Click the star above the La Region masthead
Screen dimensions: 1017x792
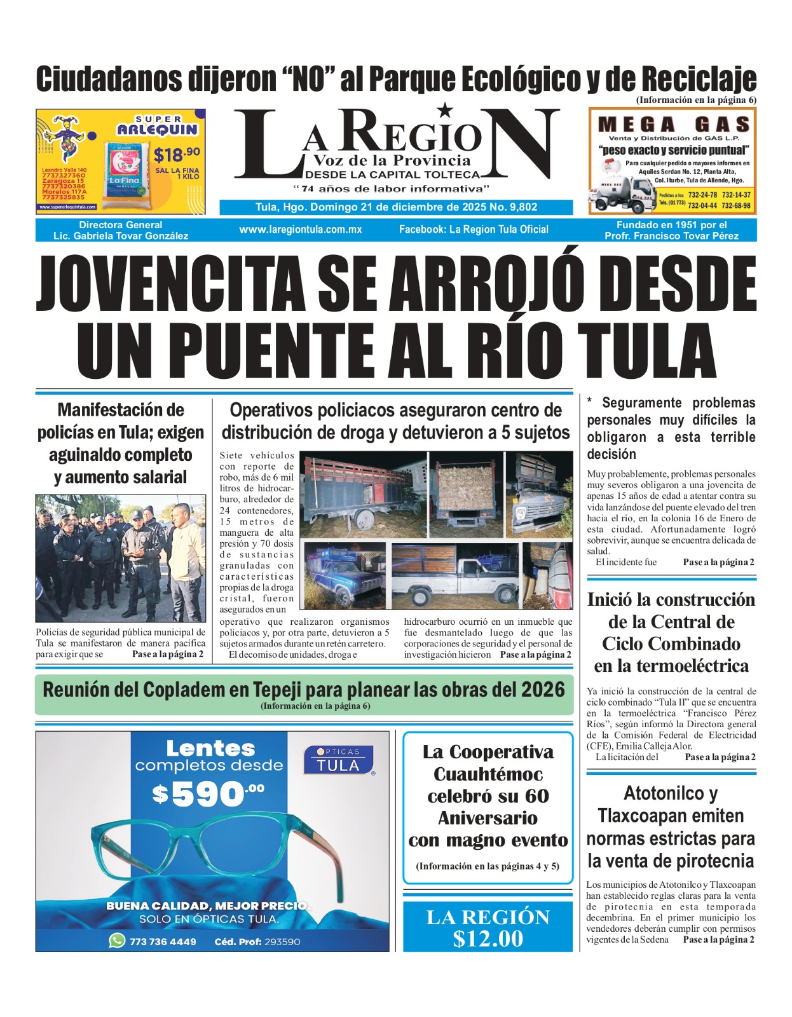[446, 110]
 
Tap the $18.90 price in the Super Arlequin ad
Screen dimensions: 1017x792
[176, 154]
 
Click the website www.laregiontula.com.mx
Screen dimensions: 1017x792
[300, 229]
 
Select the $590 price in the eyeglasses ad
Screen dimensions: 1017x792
[207, 794]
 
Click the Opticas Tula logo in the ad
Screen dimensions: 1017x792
[338, 760]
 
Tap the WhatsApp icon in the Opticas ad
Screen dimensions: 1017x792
[117, 941]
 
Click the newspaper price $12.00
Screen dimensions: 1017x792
[488, 939]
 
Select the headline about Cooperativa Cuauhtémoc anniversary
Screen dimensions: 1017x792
[488, 795]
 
